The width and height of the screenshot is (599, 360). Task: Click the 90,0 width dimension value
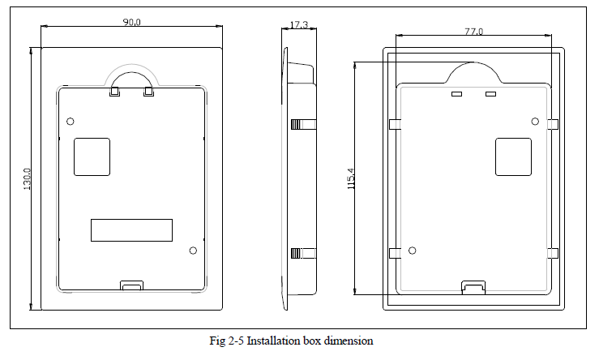point(132,22)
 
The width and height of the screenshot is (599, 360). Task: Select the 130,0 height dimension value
point(27,179)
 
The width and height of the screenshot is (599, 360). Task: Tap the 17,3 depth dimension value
point(297,25)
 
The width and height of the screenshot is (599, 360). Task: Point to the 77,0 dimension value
point(473,31)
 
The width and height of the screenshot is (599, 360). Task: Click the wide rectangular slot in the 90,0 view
point(131,229)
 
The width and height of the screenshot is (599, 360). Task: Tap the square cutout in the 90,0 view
point(92,156)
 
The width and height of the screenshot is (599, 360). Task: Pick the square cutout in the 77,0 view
point(512,156)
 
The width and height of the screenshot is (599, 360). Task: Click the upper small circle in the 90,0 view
point(71,122)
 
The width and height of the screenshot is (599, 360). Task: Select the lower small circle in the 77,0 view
point(412,251)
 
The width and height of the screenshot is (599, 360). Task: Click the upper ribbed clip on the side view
point(302,124)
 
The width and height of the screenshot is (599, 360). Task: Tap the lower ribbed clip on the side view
point(302,252)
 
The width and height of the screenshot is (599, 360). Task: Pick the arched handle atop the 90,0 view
point(131,76)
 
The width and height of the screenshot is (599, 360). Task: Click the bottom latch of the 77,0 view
point(473,287)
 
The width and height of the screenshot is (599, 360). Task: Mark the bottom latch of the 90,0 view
point(131,285)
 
